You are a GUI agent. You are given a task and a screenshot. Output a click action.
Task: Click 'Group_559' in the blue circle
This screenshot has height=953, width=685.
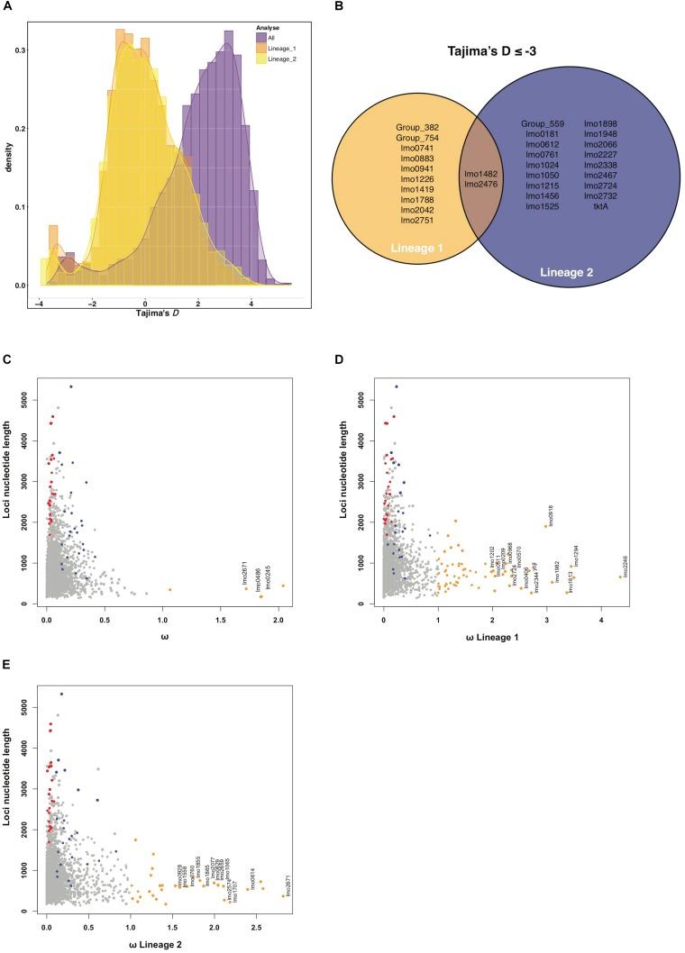click(542, 123)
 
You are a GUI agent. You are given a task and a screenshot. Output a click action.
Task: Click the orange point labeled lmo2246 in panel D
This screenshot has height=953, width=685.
click(620, 576)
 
